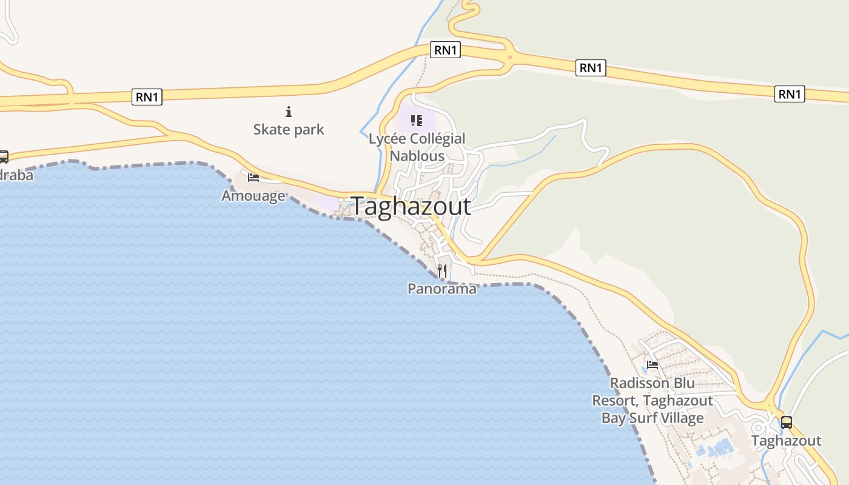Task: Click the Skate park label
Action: tap(289, 129)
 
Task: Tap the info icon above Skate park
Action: tap(289, 112)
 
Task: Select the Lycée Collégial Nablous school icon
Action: tap(416, 121)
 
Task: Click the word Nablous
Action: tap(417, 156)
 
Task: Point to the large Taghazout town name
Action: tap(411, 206)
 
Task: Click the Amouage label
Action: tap(253, 196)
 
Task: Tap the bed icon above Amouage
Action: tap(253, 177)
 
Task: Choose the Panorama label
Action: tap(442, 289)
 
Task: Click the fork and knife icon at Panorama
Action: tap(442, 270)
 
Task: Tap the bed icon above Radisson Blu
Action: tap(653, 365)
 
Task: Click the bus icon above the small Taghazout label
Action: tap(787, 423)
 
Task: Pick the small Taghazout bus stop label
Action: tap(787, 441)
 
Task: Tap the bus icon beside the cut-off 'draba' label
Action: tap(4, 157)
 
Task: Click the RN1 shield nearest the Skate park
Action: tap(147, 96)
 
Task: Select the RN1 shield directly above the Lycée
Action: tap(445, 50)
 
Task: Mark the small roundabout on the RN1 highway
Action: tap(510, 58)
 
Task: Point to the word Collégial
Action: tap(434, 138)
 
